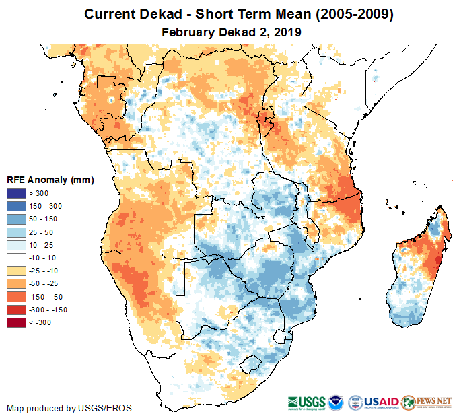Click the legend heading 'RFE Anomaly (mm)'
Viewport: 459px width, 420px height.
click(50, 180)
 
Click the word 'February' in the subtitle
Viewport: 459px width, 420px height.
click(189, 32)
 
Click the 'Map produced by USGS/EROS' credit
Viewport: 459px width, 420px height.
click(69, 408)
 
